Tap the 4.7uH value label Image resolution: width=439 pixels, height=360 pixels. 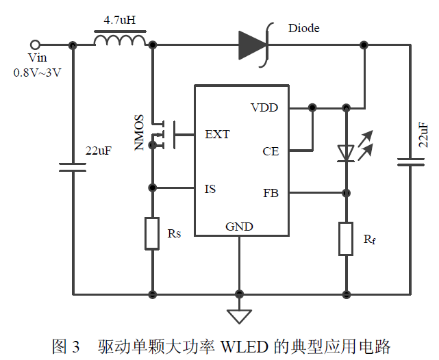pyautogui.click(x=120, y=21)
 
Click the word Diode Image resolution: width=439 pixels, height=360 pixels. pyautogui.click(x=303, y=28)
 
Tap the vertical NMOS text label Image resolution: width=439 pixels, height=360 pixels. pyautogui.click(x=138, y=132)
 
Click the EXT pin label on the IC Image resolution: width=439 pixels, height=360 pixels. pyautogui.click(x=217, y=134)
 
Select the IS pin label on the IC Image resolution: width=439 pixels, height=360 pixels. pyautogui.click(x=210, y=188)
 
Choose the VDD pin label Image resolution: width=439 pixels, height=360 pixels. pyautogui.click(x=264, y=108)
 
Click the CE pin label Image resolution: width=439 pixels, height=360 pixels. pyautogui.click(x=271, y=151)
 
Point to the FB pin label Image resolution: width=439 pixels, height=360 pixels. pyautogui.click(x=271, y=193)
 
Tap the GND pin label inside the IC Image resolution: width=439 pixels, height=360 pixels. pyautogui.click(x=239, y=227)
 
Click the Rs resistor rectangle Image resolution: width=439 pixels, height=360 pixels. pyautogui.click(x=152, y=233)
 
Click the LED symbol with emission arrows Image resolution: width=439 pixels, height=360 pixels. pyautogui.click(x=348, y=151)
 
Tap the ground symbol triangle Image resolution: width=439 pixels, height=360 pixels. pyautogui.click(x=239, y=316)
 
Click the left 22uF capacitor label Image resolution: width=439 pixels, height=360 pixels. pyautogui.click(x=98, y=151)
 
